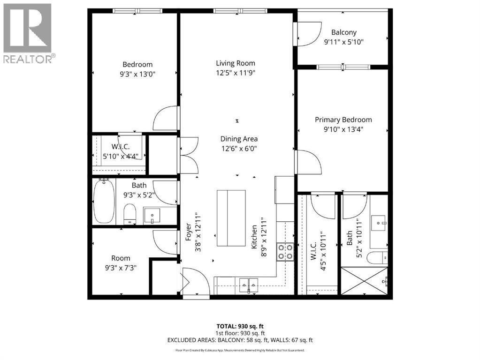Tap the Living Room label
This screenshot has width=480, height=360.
pyautogui.click(x=236, y=63)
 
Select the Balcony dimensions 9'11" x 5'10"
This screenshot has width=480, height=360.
pyautogui.click(x=344, y=42)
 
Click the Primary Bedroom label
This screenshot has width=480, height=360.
pyautogui.click(x=343, y=120)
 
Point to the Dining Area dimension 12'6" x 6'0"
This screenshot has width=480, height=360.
pyautogui.click(x=239, y=149)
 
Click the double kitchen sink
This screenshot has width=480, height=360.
pyautogui.click(x=248, y=283)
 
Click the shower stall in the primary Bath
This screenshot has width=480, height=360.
pyautogui.click(x=365, y=281)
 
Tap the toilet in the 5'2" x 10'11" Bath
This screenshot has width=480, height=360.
pyautogui.click(x=378, y=257)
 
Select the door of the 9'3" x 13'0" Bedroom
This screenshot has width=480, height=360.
pyautogui.click(x=167, y=119)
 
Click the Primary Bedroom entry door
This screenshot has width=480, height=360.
pyautogui.click(x=307, y=162)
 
